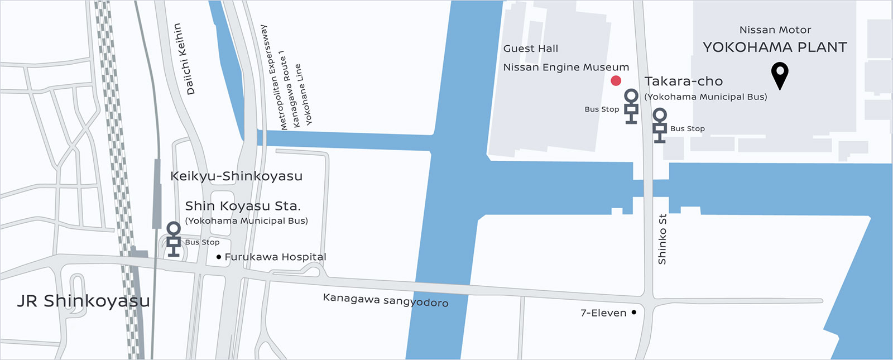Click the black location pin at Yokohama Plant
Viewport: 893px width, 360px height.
pyautogui.click(x=780, y=74)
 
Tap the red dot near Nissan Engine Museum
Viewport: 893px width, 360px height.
pyautogui.click(x=616, y=81)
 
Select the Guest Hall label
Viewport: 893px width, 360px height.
pyautogui.click(x=530, y=49)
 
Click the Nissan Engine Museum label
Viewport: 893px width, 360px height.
pyautogui.click(x=566, y=68)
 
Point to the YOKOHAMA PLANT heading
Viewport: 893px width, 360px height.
pyautogui.click(x=775, y=47)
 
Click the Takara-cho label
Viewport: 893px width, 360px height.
pyautogui.click(x=683, y=81)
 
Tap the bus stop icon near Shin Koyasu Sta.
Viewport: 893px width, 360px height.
pyautogui.click(x=174, y=239)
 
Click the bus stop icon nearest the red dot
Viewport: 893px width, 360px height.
pyautogui.click(x=631, y=106)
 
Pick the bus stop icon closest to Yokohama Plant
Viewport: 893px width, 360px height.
pyautogui.click(x=660, y=126)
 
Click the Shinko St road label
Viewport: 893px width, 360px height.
pyautogui.click(x=662, y=239)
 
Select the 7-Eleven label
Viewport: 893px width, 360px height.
pyautogui.click(x=603, y=313)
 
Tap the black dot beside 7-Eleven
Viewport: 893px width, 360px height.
pyautogui.click(x=633, y=313)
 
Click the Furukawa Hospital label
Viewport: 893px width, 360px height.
pyautogui.click(x=275, y=257)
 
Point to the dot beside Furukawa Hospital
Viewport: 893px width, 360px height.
pyautogui.click(x=218, y=257)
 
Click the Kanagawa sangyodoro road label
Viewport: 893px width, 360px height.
pyautogui.click(x=385, y=300)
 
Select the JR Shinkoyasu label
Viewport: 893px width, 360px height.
pyautogui.click(x=83, y=301)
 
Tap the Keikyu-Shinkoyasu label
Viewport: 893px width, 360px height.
pyautogui.click(x=236, y=176)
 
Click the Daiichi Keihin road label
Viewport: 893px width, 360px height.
pyautogui.click(x=185, y=59)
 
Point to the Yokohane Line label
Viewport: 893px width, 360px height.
pyautogui.click(x=304, y=94)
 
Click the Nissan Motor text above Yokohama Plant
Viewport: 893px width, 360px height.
pyautogui.click(x=775, y=30)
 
